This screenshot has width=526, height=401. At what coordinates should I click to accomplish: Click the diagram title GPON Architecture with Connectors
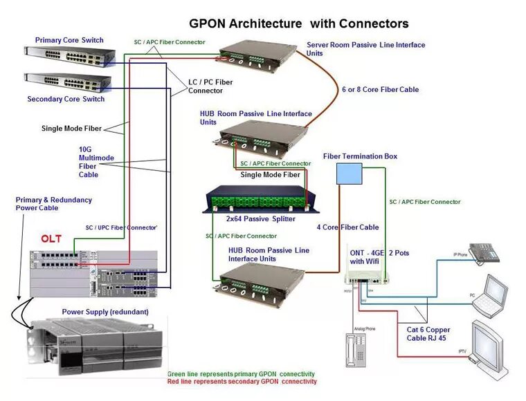298,24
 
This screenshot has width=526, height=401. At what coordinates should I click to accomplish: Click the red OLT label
51,239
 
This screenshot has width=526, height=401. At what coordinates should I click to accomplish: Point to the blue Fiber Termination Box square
350,174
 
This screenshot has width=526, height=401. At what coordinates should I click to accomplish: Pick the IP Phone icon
485,253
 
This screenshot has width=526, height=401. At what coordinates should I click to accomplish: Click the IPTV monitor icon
494,343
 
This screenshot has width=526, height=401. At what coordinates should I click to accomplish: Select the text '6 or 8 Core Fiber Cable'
380,89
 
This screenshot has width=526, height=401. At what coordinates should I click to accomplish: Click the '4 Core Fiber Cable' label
347,227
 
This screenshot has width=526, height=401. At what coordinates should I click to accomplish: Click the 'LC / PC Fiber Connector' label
210,86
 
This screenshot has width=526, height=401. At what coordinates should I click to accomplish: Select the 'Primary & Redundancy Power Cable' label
53,204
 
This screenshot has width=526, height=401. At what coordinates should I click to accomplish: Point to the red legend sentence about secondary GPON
242,382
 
